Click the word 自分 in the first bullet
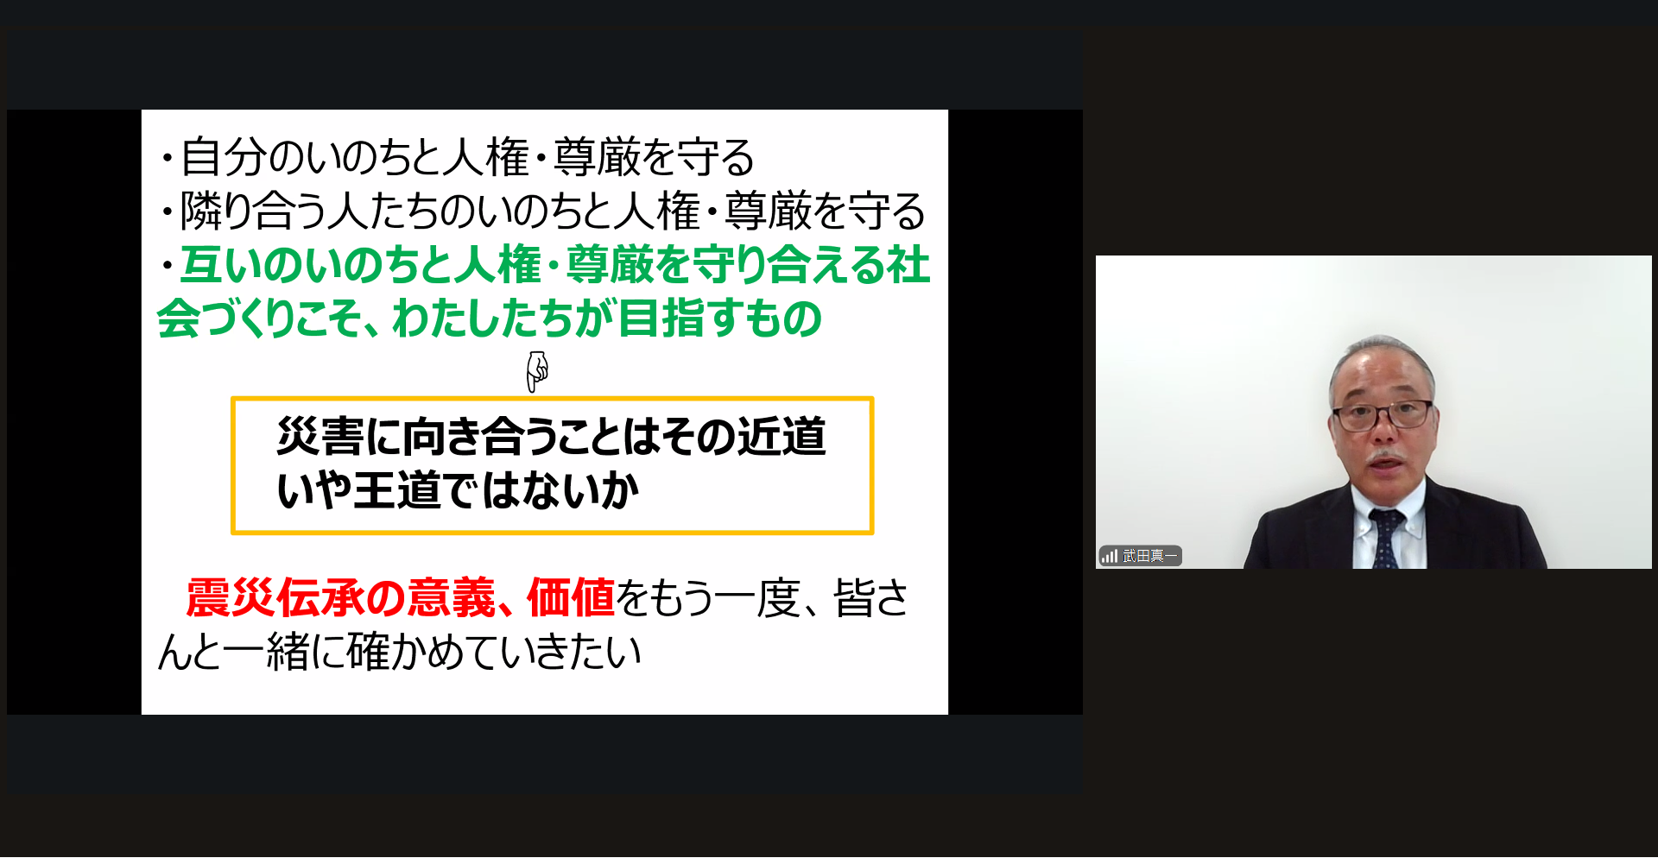(223, 157)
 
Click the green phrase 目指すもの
(720, 318)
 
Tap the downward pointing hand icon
(537, 371)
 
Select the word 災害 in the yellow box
(320, 436)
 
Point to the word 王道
(396, 490)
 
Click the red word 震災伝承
(275, 597)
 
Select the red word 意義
(452, 597)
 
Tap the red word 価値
(571, 597)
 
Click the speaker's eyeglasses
(1383, 415)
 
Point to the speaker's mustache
(1386, 455)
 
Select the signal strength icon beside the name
(1110, 556)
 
